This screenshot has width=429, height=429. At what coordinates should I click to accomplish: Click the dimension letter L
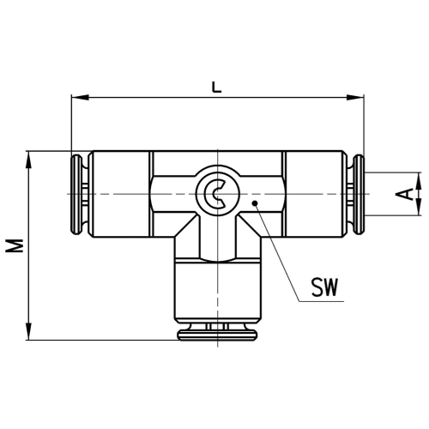tap(216, 88)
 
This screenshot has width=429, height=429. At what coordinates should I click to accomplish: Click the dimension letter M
tap(15, 245)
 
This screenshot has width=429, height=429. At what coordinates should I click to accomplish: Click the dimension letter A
tap(403, 194)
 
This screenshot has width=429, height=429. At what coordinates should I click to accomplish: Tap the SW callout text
tap(324, 287)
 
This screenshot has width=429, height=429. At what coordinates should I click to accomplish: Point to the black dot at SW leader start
tap(255, 203)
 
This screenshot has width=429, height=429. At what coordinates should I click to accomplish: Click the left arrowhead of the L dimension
tap(80, 98)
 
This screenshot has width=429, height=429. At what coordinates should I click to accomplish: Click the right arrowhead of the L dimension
tap(355, 98)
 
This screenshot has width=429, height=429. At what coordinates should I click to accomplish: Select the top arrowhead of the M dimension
tap(28, 160)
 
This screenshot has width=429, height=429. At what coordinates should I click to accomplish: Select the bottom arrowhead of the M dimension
tap(28, 331)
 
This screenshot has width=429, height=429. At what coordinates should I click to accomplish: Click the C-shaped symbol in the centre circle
tap(213, 194)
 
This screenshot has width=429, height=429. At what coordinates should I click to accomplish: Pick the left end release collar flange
tap(76, 195)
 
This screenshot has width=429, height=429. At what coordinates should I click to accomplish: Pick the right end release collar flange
tap(359, 195)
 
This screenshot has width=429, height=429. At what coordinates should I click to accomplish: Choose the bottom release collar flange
tap(217, 335)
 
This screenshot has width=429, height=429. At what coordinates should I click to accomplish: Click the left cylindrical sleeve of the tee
tap(121, 194)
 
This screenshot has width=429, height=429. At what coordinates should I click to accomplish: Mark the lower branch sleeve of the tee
tap(218, 290)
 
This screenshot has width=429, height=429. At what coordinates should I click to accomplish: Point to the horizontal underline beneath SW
tap(321, 301)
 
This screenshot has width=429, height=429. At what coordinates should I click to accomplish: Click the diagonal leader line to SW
tap(277, 252)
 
